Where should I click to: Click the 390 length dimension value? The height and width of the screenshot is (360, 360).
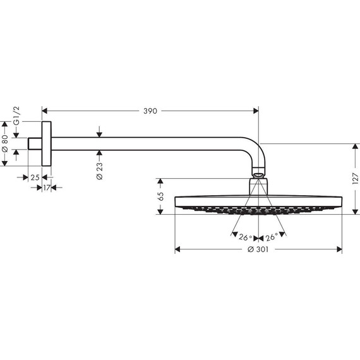[150, 111]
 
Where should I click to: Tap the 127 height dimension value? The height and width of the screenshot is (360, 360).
[354, 179]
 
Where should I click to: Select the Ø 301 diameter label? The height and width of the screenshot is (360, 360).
[258, 250]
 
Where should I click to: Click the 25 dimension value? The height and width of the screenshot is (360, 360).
[35, 178]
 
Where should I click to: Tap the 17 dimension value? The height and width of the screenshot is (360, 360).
[47, 188]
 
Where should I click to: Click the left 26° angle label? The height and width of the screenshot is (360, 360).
[245, 238]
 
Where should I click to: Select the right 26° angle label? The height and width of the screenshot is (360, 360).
[272, 238]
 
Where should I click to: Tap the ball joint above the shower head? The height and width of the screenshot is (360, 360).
[258, 172]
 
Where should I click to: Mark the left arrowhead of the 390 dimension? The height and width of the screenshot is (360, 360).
[45, 111]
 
